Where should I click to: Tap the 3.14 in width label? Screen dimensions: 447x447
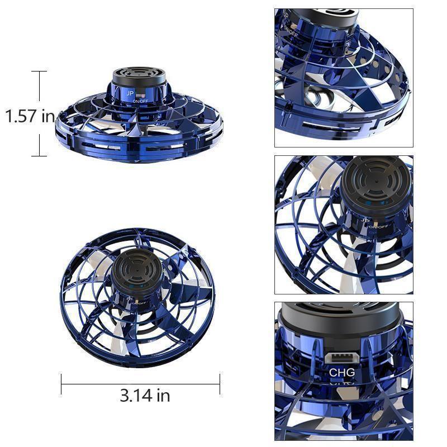point(145,396)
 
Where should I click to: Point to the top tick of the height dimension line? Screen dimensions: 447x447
point(39,72)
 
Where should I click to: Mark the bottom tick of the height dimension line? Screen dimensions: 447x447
point(39,156)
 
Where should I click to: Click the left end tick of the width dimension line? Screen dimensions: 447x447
point(61,384)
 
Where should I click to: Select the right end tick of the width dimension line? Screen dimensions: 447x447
point(220,384)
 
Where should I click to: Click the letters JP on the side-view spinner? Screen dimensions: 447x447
point(130,93)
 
